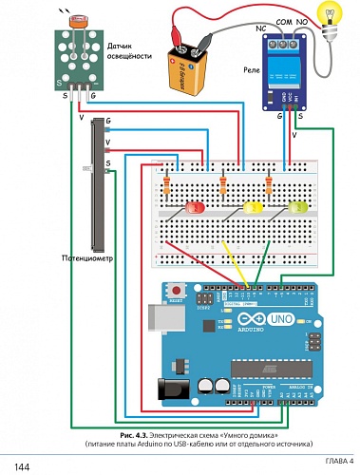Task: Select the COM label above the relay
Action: click(283, 24)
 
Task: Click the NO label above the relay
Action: click(302, 24)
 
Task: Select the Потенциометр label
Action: click(87, 256)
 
